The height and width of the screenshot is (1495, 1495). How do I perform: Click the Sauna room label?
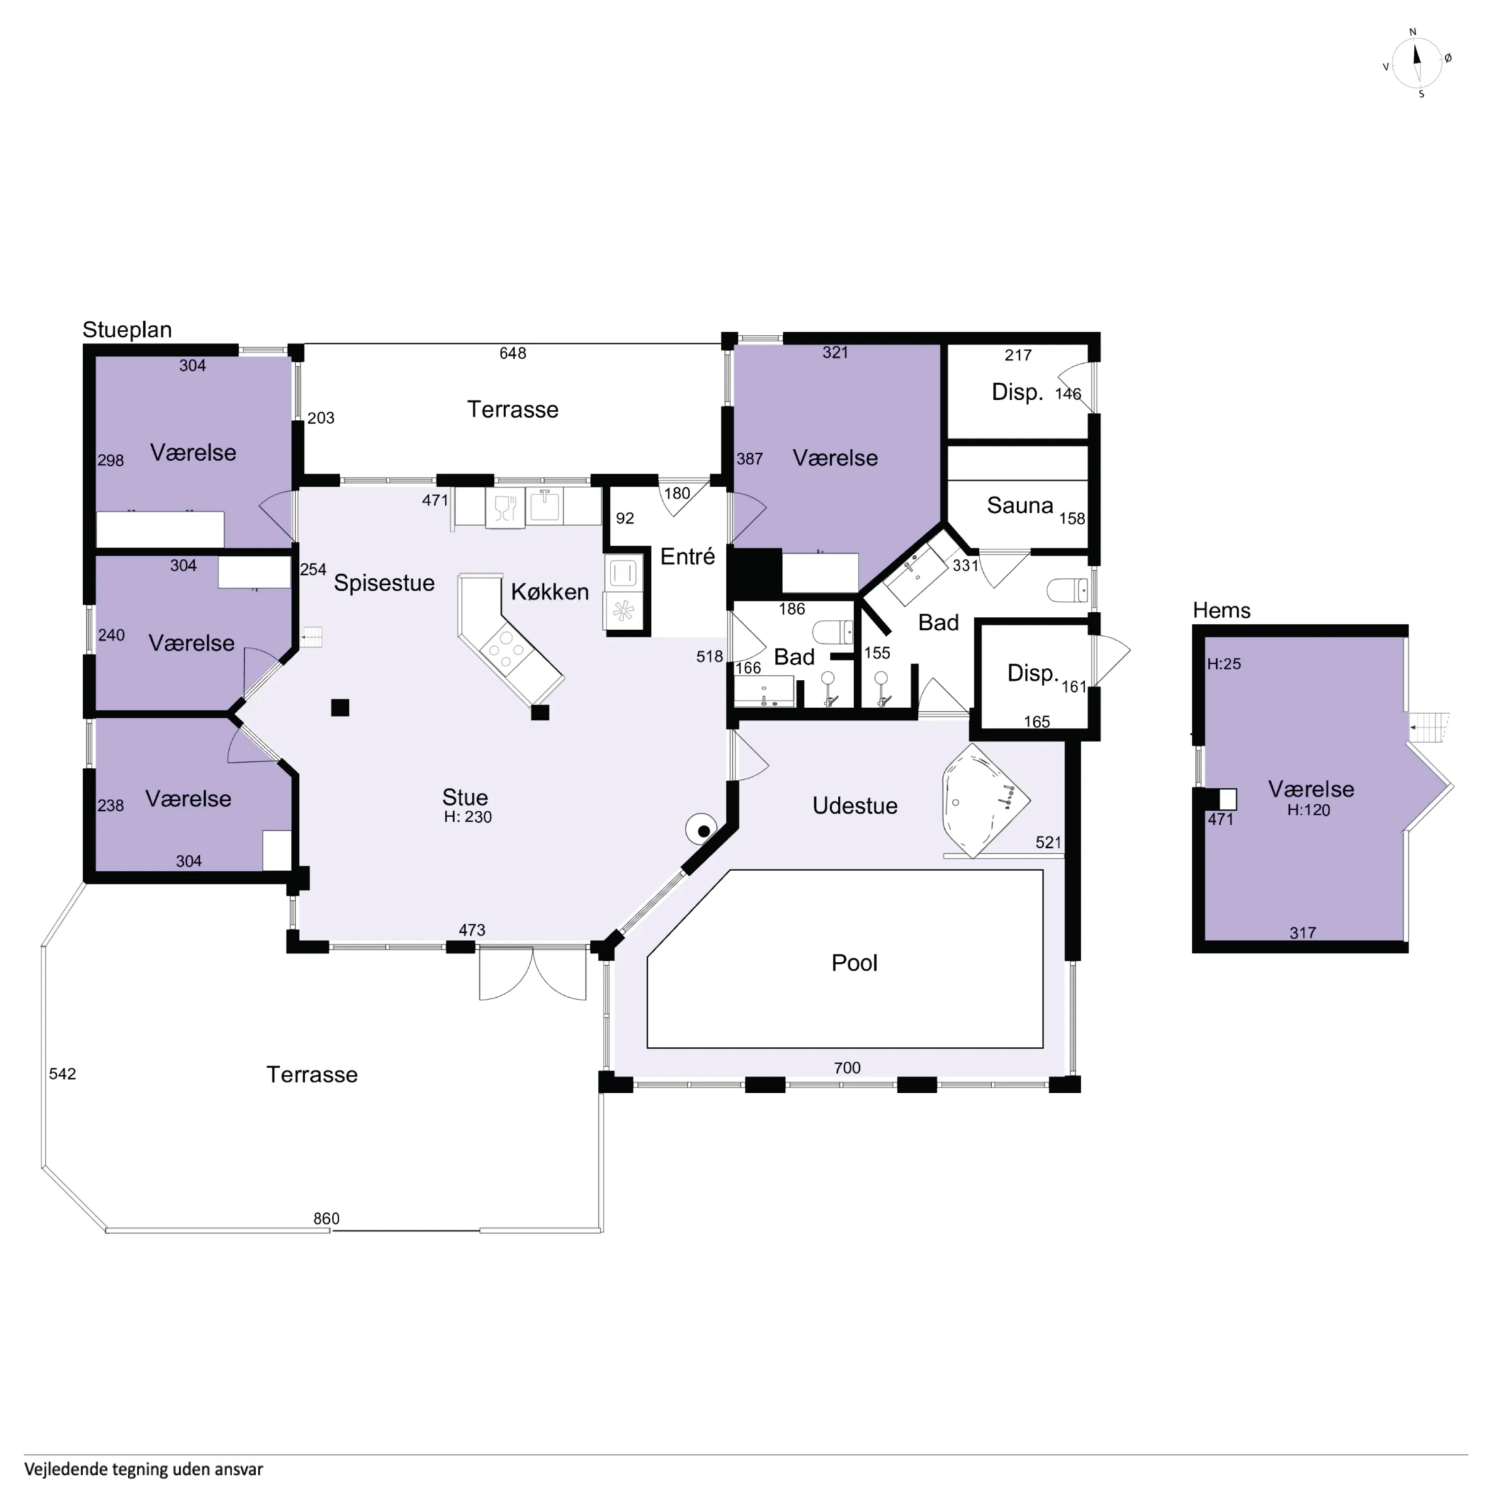1020,506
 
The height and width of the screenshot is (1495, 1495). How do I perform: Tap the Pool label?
854,963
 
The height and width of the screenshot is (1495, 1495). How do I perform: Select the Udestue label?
855,806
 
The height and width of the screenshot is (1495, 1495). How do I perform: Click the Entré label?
688,556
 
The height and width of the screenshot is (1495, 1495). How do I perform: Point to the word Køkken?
550,592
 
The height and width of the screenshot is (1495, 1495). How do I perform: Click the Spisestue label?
384,584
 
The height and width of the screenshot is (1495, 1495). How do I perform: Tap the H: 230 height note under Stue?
467,817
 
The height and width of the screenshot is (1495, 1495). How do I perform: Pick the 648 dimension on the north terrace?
512,354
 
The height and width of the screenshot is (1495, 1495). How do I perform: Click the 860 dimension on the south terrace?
326,1219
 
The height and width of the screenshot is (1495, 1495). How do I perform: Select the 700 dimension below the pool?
847,1068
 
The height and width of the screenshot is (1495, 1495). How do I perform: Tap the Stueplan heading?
127,330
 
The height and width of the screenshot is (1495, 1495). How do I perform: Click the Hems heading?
1221,611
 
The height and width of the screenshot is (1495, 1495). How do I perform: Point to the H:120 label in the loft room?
1309,810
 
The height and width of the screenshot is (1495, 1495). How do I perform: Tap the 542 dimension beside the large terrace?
63,1074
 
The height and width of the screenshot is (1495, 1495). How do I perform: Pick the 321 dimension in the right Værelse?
835,353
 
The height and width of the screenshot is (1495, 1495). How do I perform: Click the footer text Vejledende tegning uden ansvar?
144,1469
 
